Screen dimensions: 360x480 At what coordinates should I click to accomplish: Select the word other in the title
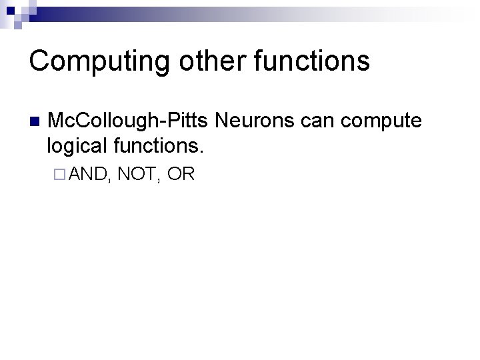tap(203, 60)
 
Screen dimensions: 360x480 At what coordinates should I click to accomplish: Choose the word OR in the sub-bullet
tap(181, 175)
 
